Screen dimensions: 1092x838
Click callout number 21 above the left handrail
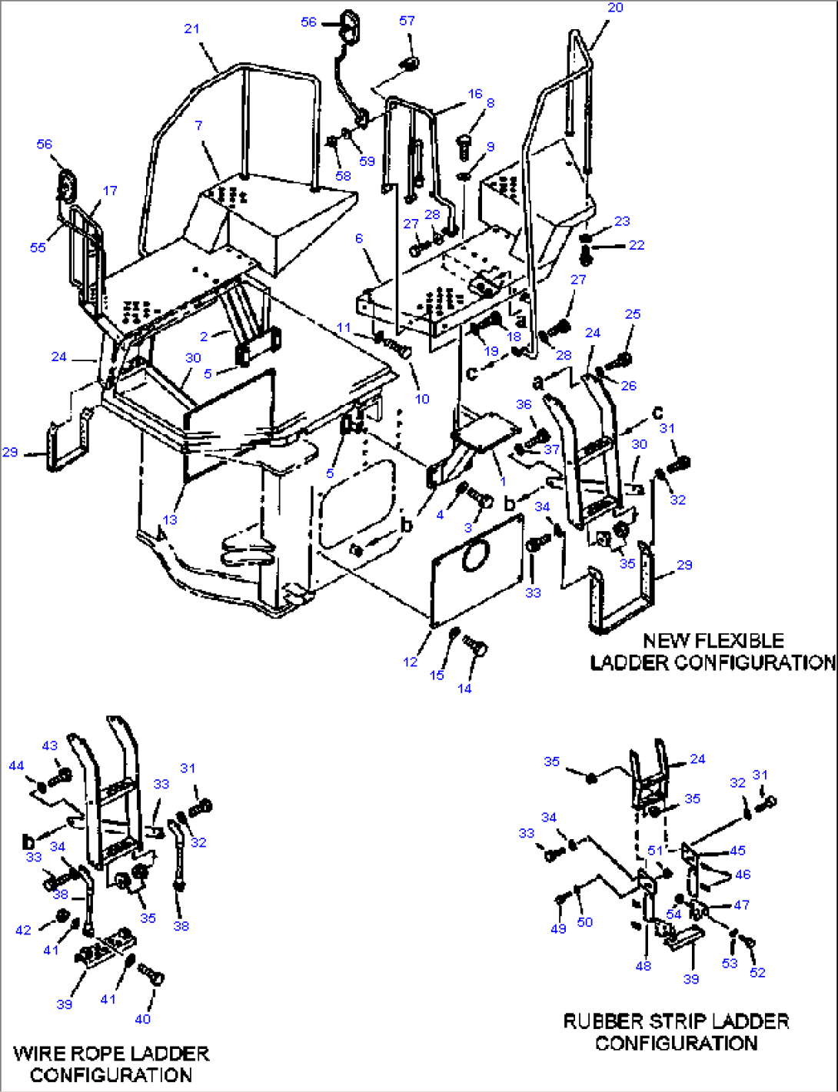pos(191,28)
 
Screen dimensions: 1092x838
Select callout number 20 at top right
pos(615,8)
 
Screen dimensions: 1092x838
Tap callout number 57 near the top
pos(407,21)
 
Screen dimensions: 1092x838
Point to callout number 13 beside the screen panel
pos(170,519)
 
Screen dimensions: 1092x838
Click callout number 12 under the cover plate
pos(411,662)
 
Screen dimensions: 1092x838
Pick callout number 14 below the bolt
pos(464,688)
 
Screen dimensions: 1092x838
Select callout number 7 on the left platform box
pos(198,125)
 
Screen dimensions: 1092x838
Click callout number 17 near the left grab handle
pos(110,190)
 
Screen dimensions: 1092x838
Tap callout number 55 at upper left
pos(38,247)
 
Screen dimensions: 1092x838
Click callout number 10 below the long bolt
pos(422,398)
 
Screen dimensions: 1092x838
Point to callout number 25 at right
pos(632,314)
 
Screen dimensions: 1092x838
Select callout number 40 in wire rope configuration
pos(143,1018)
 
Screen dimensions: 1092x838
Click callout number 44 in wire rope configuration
pos(16,765)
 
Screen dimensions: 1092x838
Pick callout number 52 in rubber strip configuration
pos(757,972)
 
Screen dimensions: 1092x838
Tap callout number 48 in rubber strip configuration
pos(643,965)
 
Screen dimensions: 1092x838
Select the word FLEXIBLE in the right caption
pos(733,640)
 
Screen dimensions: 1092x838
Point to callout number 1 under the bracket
pos(503,482)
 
